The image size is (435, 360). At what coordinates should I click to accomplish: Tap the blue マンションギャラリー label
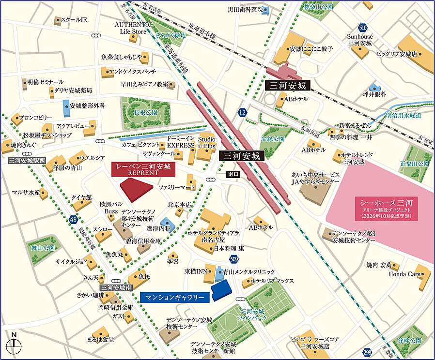pyautogui.click(x=174, y=297)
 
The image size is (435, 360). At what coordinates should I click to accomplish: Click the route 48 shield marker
pyautogui.click(x=73, y=220)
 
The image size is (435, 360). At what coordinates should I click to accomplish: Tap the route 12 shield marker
pyautogui.click(x=242, y=112)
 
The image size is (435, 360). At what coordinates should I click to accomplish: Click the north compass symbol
pyautogui.click(x=15, y=344)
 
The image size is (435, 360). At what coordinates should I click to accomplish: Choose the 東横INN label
pyautogui.click(x=194, y=272)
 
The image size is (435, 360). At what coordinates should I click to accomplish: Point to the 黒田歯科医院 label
pyautogui.click(x=245, y=9)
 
